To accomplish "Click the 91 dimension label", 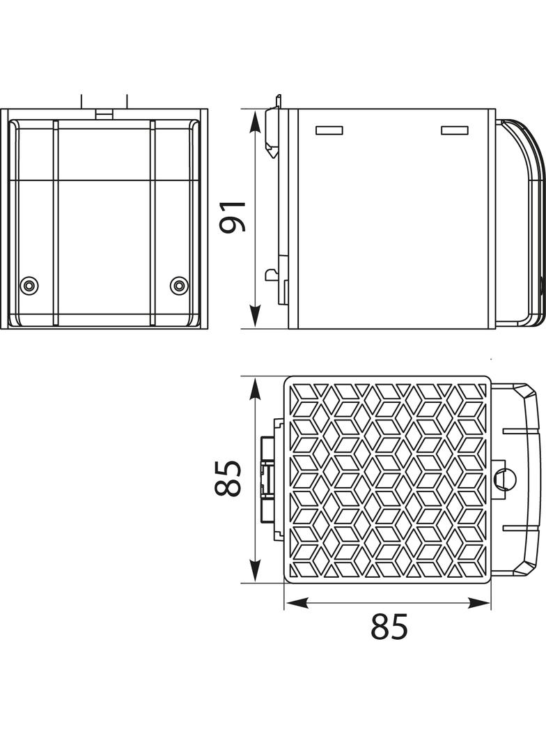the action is pos(233,217).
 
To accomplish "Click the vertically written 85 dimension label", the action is pos(228,478).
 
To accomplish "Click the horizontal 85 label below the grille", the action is pos(389,626).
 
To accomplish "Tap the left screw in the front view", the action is pos(29,286).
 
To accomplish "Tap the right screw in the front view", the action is pos(178,285).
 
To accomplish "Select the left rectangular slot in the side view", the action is pos(329,130).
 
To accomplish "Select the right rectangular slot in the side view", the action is pos(455,130).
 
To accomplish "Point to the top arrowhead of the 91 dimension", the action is pos(256,121).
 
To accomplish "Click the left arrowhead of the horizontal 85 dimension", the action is pos(296,603).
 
